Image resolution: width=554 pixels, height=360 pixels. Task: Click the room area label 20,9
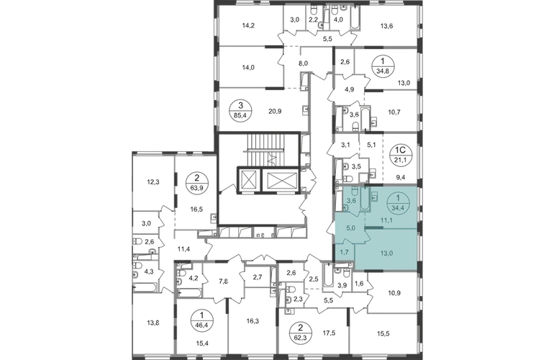[x=276, y=112]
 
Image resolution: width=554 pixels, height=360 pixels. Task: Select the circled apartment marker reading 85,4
[x=240, y=110]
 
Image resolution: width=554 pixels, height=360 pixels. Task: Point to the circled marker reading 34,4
[x=399, y=204]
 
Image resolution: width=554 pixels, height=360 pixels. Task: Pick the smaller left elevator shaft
[x=250, y=180]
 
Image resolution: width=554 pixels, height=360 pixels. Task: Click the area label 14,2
[x=248, y=25]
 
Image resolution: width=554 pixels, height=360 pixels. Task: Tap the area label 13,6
[x=387, y=26]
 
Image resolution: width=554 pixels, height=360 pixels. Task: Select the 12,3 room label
[x=153, y=182]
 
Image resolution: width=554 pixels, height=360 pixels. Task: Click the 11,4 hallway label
[x=184, y=249]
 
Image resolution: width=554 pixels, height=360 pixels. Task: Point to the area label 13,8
[x=153, y=322]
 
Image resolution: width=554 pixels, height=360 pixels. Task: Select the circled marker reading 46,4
[x=201, y=320]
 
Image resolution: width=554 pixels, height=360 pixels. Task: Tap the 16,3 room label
[x=253, y=321]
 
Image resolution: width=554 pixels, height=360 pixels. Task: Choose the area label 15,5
[x=383, y=333]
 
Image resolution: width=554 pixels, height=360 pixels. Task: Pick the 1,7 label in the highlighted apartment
[x=345, y=252]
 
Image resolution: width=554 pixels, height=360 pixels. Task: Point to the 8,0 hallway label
[x=303, y=63]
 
